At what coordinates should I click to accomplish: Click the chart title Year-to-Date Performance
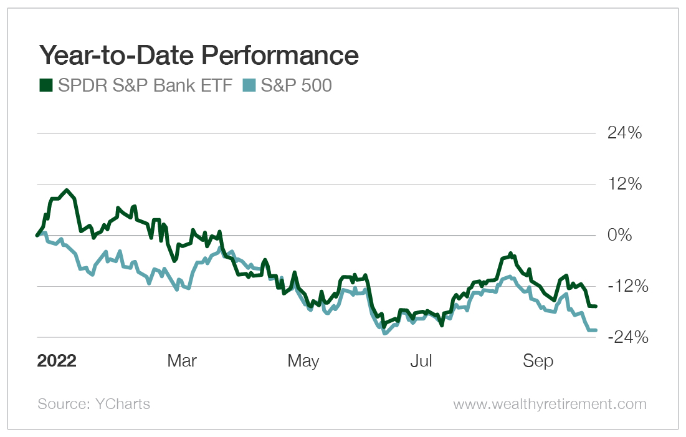point(199,55)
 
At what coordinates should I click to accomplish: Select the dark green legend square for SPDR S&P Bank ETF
point(46,85)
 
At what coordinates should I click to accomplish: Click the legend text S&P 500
point(296,85)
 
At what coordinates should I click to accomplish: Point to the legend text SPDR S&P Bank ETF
point(146,85)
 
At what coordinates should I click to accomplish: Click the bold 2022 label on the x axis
point(57,361)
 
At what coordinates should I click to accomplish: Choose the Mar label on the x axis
point(182,361)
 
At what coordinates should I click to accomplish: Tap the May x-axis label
point(303,361)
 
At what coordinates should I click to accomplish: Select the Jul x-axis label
point(422,361)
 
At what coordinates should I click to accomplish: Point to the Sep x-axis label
point(538,361)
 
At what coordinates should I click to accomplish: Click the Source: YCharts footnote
point(94,404)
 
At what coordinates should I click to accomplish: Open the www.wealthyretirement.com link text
point(550,404)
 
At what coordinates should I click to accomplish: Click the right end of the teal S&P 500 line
point(596,330)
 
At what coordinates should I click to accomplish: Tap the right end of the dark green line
point(596,306)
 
